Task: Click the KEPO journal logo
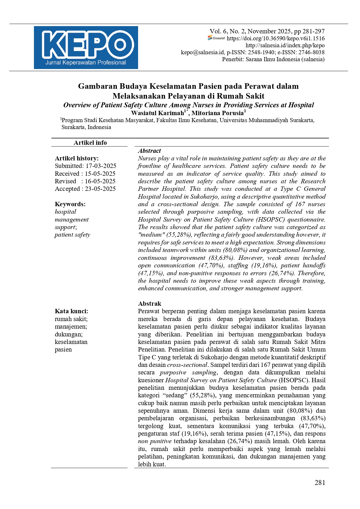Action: tap(86, 48)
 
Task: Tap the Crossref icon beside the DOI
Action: tap(216, 38)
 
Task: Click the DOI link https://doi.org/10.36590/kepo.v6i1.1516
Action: tap(276, 38)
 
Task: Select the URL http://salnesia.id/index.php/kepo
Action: tap(285, 45)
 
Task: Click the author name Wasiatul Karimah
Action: tap(158, 113)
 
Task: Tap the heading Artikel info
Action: tap(90, 143)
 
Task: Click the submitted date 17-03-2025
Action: tap(101, 166)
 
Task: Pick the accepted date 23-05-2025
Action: tap(100, 189)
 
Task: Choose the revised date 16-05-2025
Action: tap(100, 181)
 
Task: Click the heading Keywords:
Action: tap(70, 204)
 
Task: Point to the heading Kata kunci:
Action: tap(71, 311)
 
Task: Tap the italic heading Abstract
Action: tap(149, 151)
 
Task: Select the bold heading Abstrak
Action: tap(149, 304)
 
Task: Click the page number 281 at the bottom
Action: tap(320, 483)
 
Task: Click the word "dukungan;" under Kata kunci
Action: tap(69, 334)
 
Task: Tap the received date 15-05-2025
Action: tap(100, 174)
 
